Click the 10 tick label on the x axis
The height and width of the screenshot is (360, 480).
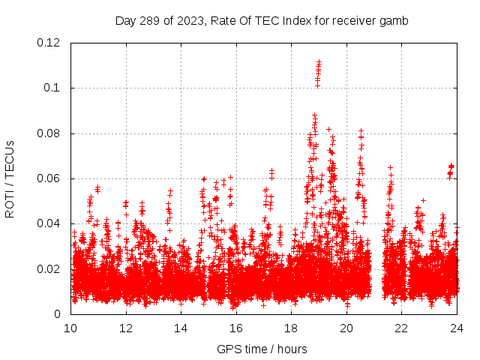pos(71,328)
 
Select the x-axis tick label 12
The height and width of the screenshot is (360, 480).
pos(126,328)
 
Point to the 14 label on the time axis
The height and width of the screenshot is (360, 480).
pos(181,328)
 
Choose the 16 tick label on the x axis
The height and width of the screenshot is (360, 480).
pos(236,328)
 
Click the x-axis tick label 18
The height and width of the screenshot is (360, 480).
pos(292,328)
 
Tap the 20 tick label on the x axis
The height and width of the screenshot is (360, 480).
pos(346,328)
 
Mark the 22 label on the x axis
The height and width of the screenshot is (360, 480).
pos(402,328)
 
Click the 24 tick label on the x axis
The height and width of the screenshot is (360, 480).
pos(457,328)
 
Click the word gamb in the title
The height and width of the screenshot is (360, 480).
pos(394,21)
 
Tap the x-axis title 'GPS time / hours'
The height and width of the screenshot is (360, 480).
pos(262,349)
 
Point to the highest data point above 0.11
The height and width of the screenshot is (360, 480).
pos(319,61)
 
